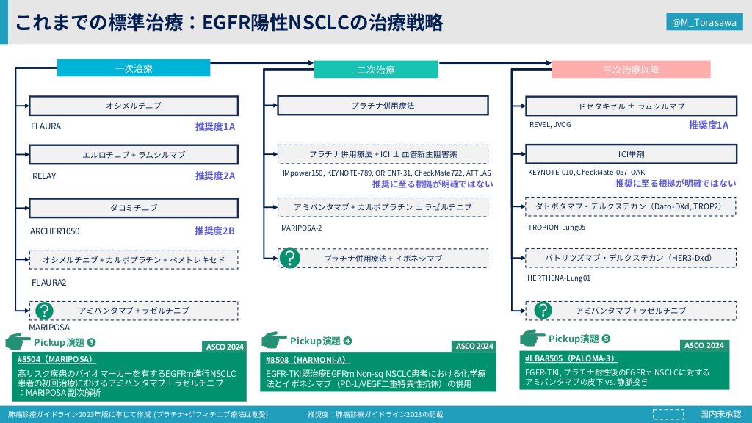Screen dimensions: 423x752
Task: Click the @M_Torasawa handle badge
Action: pos(704,23)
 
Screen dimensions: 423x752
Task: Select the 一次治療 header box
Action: pos(134,68)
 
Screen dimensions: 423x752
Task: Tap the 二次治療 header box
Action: pos(376,70)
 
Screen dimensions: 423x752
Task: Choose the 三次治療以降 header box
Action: pos(631,70)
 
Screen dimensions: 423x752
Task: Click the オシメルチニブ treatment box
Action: pos(134,106)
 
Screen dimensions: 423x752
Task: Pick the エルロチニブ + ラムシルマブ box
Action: pos(134,155)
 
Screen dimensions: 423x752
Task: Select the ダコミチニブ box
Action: pos(134,208)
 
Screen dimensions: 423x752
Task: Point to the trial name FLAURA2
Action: pos(48,283)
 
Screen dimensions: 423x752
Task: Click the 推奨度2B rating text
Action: pos(214,231)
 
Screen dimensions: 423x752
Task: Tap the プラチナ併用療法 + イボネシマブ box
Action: pos(383,258)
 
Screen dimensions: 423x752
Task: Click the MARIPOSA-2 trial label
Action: pos(301,228)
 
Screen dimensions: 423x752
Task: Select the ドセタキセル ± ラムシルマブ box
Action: pos(631,106)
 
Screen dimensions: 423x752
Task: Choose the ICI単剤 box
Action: pos(631,155)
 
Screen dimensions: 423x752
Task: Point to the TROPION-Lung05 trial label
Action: pos(557,228)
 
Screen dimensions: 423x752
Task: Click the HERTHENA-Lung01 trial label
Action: pos(559,278)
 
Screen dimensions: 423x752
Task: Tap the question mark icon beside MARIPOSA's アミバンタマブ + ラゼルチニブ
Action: pos(44,311)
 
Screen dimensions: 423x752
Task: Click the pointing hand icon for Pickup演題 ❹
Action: pos(274,340)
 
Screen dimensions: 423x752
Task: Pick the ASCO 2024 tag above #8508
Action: pos(474,346)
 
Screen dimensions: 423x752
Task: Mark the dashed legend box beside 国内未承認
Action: pos(668,414)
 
